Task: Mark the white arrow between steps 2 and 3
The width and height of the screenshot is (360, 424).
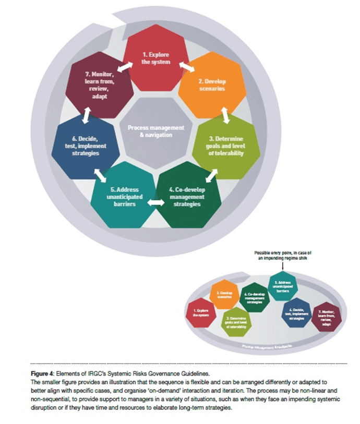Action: [226, 115]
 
